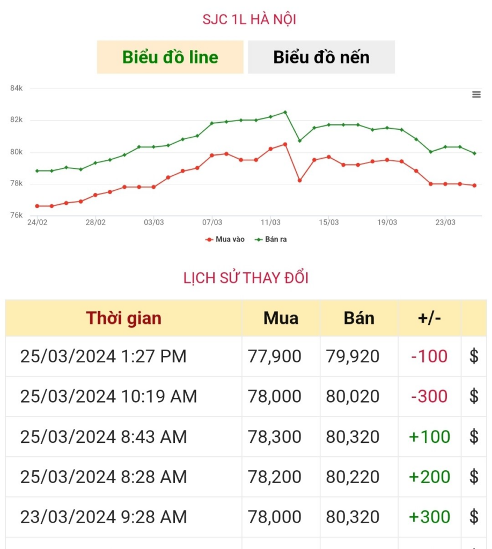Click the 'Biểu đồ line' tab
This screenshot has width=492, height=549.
point(170,57)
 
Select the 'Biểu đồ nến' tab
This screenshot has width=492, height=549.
point(321,57)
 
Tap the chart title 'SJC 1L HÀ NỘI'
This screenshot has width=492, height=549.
point(249,20)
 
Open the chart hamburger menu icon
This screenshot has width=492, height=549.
point(476,95)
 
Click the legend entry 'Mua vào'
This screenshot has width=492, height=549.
point(225,239)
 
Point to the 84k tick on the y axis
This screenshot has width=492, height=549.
point(17,88)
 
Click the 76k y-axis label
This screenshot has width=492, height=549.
point(17,215)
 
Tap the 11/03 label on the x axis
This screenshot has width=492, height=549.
point(270,222)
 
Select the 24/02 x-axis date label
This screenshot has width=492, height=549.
point(37,222)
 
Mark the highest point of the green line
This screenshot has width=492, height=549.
point(285,112)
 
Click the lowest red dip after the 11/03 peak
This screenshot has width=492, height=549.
point(299,180)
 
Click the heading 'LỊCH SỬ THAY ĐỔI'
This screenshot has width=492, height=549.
point(246,278)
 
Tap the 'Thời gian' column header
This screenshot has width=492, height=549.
point(123,318)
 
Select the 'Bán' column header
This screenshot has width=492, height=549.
point(358,318)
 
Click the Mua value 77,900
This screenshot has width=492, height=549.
point(274,357)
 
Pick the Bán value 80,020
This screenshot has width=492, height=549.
point(353,397)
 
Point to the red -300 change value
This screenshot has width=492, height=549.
point(429,397)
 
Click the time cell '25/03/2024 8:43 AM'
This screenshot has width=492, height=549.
point(104,437)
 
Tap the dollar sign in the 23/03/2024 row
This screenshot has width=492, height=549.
point(474,517)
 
